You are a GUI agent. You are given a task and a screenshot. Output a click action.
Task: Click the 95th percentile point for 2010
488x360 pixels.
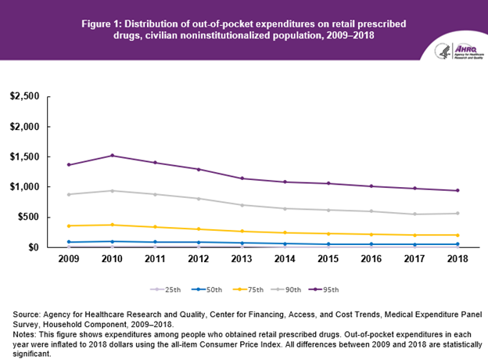[x=113, y=156]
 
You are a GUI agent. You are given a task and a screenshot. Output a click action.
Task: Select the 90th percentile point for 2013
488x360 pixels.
[x=242, y=205]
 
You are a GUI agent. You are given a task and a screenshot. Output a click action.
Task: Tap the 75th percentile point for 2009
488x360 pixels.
[x=69, y=226]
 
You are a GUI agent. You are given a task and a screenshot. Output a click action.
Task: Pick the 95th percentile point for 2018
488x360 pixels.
[x=457, y=190]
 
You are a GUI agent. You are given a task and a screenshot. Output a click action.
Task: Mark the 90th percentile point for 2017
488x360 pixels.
[x=414, y=214]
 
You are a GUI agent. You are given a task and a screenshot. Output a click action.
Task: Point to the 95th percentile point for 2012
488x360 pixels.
[x=199, y=169]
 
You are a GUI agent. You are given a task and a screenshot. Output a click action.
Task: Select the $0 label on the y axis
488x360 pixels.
[x=33, y=247]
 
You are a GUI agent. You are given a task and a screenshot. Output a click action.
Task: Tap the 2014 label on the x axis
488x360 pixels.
[x=285, y=258]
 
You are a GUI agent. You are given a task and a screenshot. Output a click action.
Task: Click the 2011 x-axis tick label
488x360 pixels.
[x=156, y=258]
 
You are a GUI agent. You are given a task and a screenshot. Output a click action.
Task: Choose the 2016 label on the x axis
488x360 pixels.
[x=371, y=258]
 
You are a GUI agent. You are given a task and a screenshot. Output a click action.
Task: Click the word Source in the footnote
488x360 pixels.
[x=27, y=313]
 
